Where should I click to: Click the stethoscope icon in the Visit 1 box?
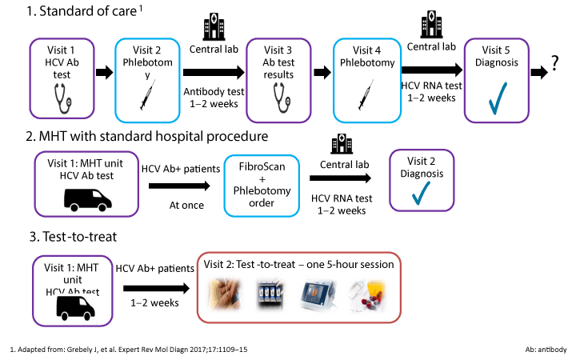(x=61, y=98)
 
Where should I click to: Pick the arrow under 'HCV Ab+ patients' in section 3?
(x=154, y=288)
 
